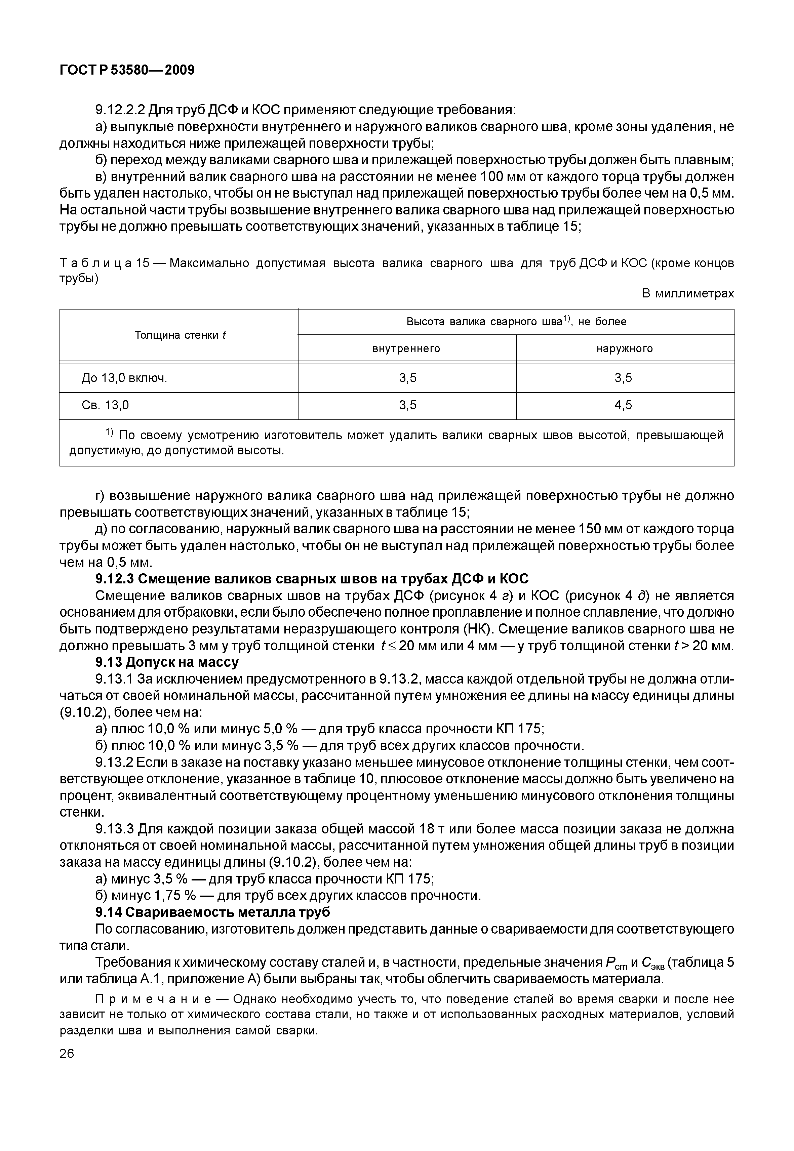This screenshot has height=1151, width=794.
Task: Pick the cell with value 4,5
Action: (623, 405)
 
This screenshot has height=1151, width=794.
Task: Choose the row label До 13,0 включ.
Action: (124, 378)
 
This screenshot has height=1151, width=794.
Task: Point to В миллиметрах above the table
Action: (687, 293)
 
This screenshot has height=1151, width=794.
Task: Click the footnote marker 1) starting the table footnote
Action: (110, 434)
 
